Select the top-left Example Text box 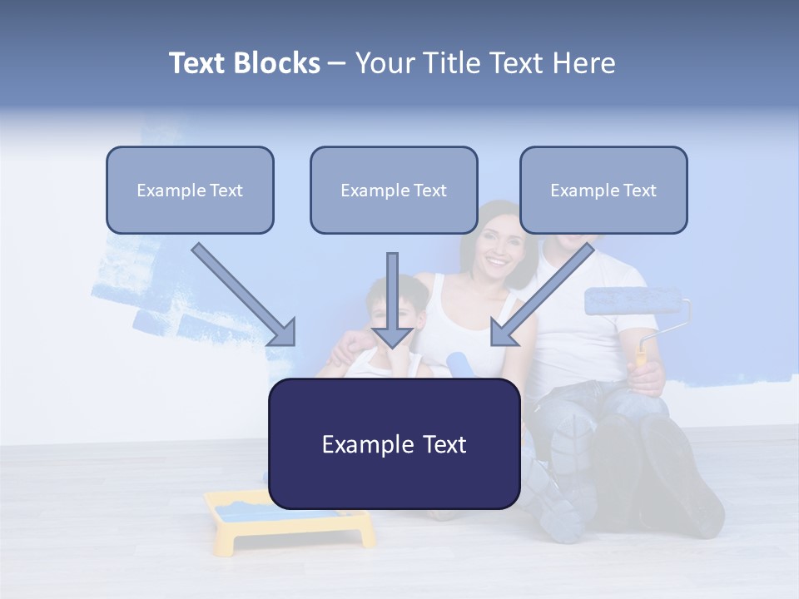coord(190,191)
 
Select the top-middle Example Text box coord(394,191)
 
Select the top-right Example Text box coord(603,191)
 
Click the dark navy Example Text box coord(394,443)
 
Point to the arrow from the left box coord(241,293)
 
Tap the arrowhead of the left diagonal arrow coord(283,333)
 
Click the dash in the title coord(337,63)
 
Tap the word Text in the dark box coord(439,444)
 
